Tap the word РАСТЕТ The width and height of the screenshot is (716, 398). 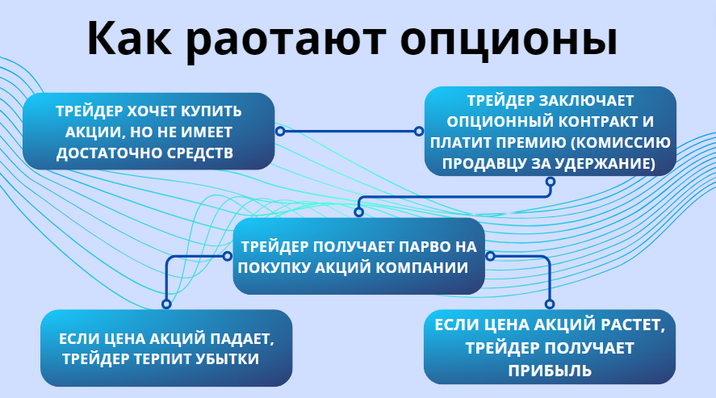point(630,326)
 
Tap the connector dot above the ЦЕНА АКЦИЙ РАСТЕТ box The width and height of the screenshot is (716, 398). point(550,304)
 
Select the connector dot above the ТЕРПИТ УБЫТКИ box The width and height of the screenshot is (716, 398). point(166,304)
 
